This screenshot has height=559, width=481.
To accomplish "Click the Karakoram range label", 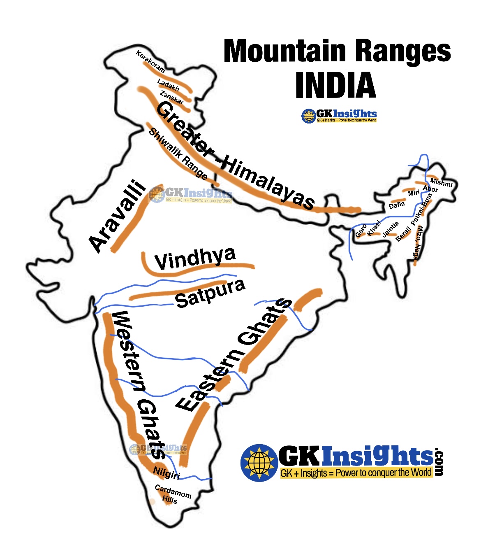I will (150, 61).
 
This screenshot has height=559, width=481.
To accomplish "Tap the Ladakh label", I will (168, 85).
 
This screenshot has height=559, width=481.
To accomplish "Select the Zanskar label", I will (171, 98).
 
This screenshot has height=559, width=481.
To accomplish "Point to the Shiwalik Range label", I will (178, 154).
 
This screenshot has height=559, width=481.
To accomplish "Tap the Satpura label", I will (210, 293).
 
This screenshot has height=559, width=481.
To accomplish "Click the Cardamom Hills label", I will (172, 494).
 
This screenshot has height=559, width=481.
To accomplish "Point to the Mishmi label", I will (441, 182).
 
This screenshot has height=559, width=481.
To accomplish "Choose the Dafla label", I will (397, 205).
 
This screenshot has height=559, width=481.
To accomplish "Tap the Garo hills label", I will (361, 231).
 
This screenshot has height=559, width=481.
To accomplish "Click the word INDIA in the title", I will (335, 86).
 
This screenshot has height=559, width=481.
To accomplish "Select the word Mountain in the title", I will (284, 51).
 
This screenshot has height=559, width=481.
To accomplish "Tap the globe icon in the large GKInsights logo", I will (259, 462).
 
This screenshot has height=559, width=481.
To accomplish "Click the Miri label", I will (414, 193).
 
